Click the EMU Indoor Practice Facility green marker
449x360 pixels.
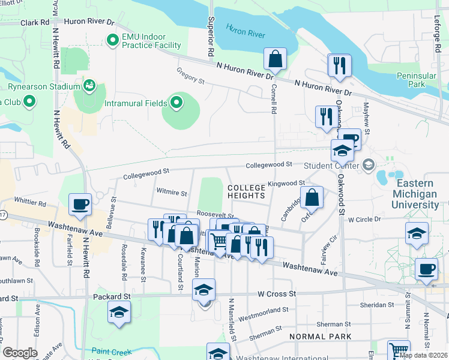(112, 40)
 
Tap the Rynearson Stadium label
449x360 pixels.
(44, 87)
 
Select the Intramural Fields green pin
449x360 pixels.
(176, 103)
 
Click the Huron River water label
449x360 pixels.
(246, 30)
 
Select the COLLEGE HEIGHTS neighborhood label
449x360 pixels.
(246, 191)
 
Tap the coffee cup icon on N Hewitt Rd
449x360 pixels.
(80, 204)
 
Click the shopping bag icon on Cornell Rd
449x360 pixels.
(275, 59)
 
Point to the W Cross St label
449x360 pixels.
(278, 294)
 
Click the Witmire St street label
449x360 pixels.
(172, 194)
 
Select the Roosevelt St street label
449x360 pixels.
(215, 214)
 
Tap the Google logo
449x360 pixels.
(20, 353)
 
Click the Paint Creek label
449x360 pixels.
(112, 351)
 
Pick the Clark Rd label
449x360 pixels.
(34, 22)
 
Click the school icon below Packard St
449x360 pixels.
(119, 312)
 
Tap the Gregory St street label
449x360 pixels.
(190, 76)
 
